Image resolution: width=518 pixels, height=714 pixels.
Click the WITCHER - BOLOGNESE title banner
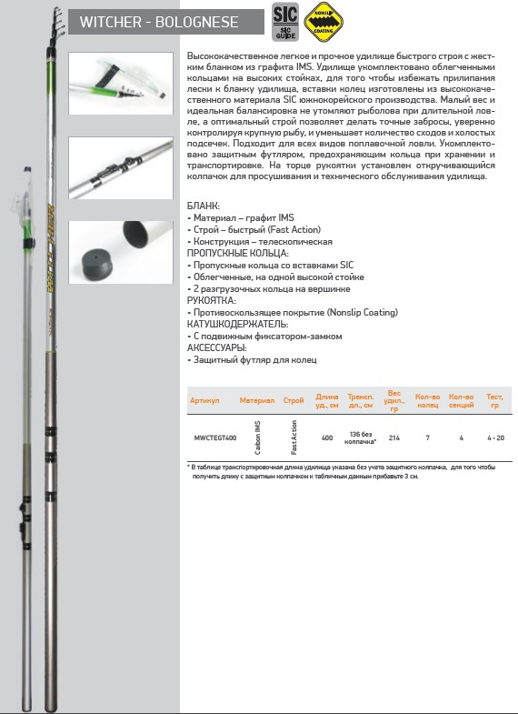pos(166,22)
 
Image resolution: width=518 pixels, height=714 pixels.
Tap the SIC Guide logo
pos(285,22)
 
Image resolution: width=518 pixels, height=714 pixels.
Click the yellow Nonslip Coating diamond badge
pos(324,22)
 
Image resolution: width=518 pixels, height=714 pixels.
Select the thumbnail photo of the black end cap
pos(121,252)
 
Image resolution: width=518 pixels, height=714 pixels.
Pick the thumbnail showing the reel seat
pos(121,168)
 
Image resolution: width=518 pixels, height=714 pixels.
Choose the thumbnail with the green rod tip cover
pos(121,84)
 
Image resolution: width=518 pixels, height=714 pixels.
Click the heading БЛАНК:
pos(204,206)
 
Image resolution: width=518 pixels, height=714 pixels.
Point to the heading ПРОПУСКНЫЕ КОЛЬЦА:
pos(238,253)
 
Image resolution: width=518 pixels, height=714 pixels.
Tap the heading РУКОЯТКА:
pos(212,300)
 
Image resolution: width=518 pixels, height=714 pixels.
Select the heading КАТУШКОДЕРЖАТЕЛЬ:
pos(237,324)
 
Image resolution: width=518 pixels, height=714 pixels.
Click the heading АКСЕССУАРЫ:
pos(216,347)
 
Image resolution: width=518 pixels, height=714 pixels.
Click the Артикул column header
pos(204,401)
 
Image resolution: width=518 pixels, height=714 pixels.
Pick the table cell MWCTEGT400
pos(215,438)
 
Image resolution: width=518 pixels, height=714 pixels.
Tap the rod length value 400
pos(327,438)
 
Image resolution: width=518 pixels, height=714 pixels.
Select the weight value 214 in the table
pos(394,438)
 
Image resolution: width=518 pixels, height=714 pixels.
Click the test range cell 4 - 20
pos(495,438)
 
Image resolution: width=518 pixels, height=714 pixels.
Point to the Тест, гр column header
pos(494,401)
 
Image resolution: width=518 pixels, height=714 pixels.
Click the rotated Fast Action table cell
pos(294,437)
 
